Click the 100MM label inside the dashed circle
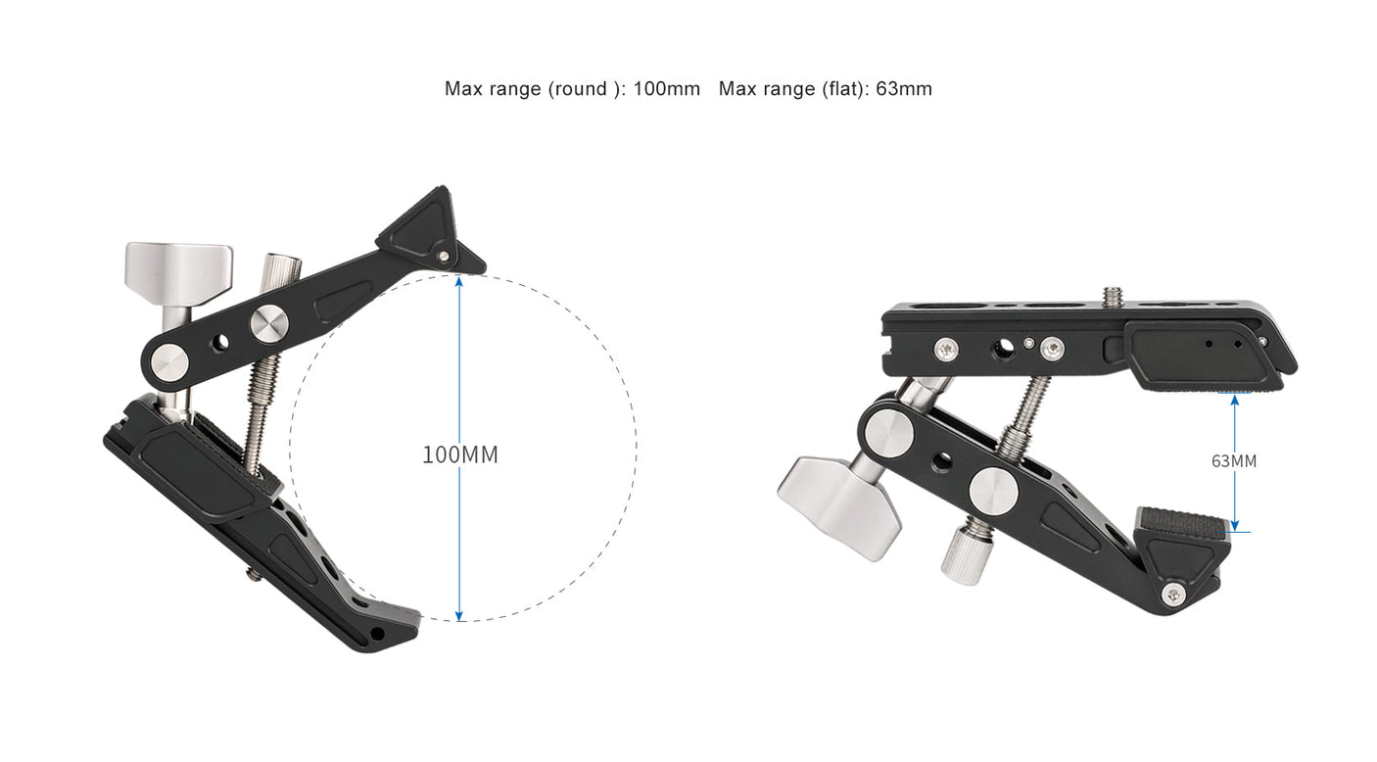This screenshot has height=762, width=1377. click(459, 454)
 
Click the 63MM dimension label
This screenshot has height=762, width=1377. click(1233, 460)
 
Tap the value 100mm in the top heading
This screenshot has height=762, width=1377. click(666, 89)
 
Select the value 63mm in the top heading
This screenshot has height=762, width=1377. click(904, 89)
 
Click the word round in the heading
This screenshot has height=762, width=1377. click(579, 89)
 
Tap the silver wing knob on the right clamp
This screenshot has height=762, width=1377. click(838, 504)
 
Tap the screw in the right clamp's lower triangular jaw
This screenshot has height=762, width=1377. click(1174, 594)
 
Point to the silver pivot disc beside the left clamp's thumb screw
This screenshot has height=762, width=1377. click(267, 324)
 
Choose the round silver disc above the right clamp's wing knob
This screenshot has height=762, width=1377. click(889, 432)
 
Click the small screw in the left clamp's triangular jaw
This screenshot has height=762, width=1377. click(445, 256)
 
